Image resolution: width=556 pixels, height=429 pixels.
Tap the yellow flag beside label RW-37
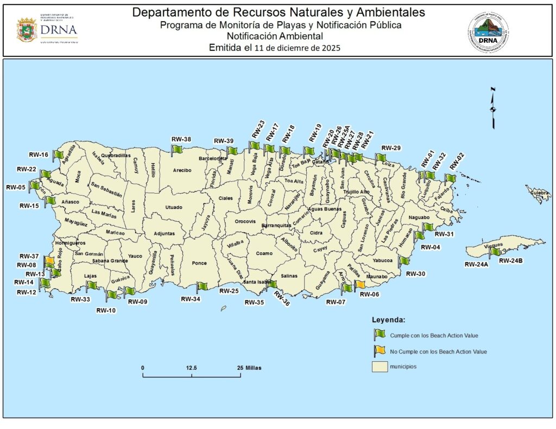point(49,261)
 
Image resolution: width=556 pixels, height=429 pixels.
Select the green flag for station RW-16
point(56,155)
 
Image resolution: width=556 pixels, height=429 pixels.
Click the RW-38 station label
point(181,139)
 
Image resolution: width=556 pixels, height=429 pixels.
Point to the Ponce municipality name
point(199,263)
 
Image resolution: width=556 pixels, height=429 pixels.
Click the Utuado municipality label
point(174,207)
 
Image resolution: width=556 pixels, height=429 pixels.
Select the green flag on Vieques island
point(494,252)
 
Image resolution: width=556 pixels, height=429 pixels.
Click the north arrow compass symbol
point(493,107)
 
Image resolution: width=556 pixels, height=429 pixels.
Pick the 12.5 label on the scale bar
point(191,368)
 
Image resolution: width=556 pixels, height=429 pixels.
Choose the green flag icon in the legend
point(378,335)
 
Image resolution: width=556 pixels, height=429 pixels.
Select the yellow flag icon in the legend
point(378,351)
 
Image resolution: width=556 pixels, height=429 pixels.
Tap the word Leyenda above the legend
point(388,319)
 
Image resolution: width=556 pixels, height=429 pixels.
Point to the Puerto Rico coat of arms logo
point(26,30)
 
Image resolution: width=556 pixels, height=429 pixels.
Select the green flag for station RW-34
point(201,287)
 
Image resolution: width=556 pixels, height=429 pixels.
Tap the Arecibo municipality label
point(182,170)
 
